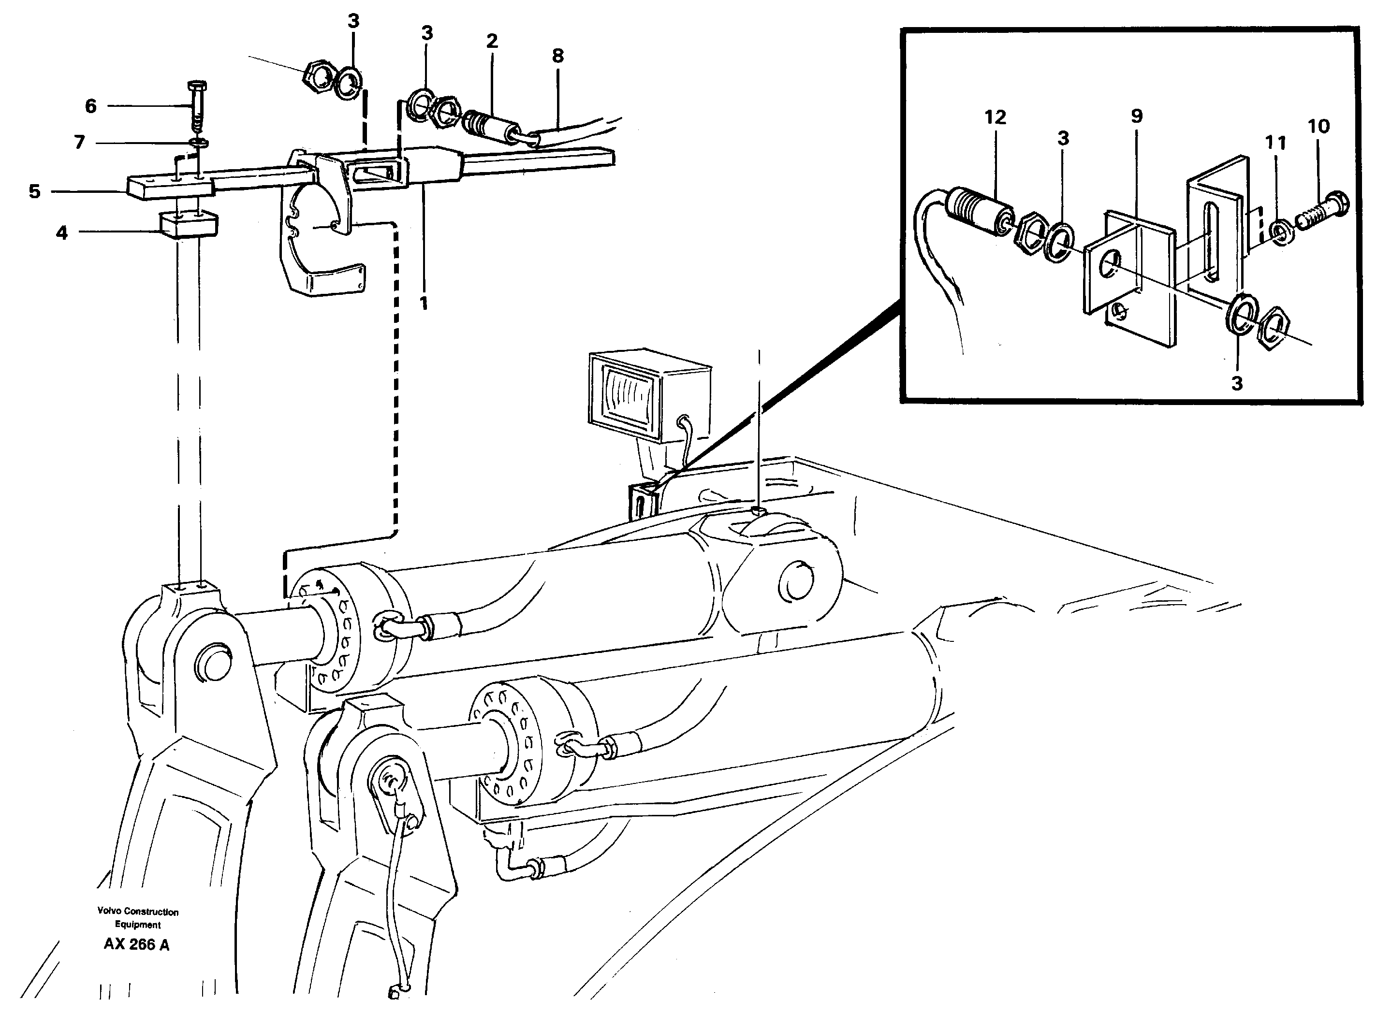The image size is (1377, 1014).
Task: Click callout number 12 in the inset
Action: [x=995, y=117]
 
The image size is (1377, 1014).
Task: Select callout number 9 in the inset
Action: [x=1136, y=116]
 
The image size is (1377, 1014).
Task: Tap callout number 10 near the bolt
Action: [x=1318, y=127]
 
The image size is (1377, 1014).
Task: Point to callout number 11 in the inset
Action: [x=1275, y=143]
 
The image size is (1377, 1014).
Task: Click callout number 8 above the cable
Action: [x=557, y=57]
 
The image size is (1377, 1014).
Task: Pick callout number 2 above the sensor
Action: [x=491, y=42]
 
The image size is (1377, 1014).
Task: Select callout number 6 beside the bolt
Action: [x=91, y=106]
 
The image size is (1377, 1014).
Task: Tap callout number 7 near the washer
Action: [x=79, y=143]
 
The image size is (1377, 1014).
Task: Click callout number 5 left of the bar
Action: [x=34, y=191]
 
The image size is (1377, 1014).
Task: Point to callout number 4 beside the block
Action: [x=61, y=232]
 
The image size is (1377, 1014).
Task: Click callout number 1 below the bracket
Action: [x=423, y=303]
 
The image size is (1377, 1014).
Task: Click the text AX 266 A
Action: [x=136, y=944]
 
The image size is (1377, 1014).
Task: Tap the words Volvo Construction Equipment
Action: [x=137, y=918]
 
